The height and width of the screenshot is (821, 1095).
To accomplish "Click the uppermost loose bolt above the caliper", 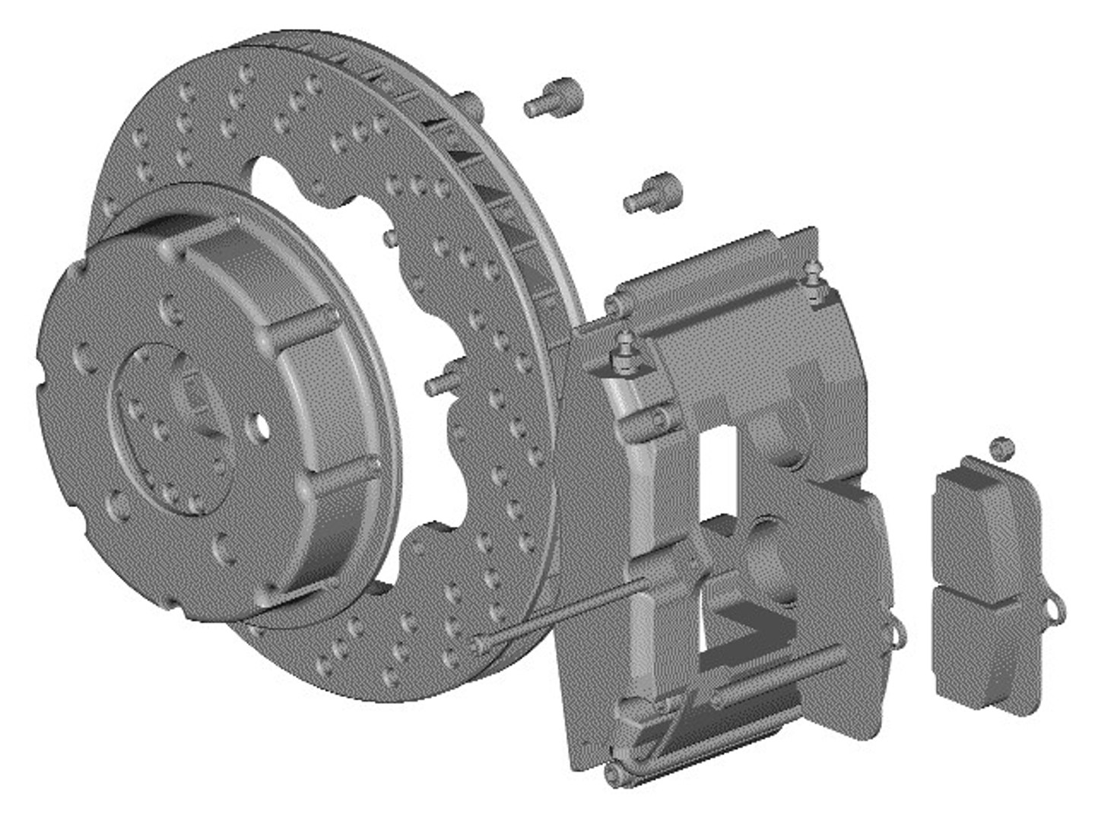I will click(x=554, y=98).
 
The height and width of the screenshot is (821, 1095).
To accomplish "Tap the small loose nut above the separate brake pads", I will click(x=1002, y=448).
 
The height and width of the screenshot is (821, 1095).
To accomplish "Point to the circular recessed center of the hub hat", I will click(x=163, y=426).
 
